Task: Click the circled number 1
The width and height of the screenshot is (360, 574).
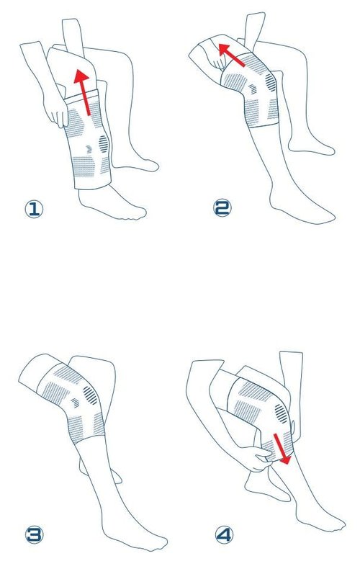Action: (x=34, y=209)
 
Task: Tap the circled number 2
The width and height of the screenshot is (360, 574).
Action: (x=222, y=208)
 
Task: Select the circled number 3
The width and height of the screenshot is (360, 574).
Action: (x=34, y=535)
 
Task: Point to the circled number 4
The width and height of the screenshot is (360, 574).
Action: (x=223, y=535)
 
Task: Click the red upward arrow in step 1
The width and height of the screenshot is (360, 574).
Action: (x=84, y=92)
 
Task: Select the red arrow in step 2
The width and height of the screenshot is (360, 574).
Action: (x=231, y=55)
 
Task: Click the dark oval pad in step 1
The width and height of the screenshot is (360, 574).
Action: (x=104, y=144)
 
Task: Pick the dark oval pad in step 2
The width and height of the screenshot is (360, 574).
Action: (x=271, y=82)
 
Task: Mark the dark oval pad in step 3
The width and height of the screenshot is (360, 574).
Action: (x=91, y=395)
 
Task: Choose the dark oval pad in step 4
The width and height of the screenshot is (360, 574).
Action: (x=281, y=413)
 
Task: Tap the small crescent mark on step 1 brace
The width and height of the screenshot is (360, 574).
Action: (x=89, y=149)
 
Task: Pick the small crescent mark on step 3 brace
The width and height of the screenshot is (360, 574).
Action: (x=75, y=403)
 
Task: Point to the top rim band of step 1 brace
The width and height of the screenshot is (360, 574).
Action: (x=81, y=97)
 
